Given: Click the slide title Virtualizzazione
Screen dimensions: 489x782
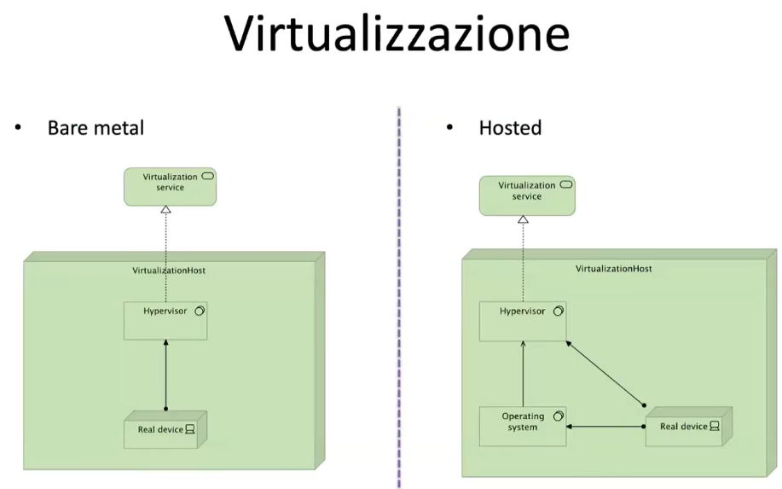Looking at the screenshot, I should [397, 36].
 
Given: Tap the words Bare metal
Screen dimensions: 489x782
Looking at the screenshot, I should [96, 129].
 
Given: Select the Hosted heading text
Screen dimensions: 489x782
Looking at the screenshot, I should [510, 129].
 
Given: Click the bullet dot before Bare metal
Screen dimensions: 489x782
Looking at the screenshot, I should [16, 128].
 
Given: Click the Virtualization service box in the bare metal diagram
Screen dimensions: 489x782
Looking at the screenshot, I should [170, 187].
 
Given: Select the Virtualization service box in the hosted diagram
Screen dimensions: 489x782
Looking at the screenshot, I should [526, 195].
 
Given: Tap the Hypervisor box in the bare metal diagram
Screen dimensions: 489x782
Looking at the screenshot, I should [165, 321].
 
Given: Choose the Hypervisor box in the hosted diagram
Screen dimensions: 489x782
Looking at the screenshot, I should [522, 321].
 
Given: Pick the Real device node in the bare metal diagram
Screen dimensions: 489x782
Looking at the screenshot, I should [165, 430].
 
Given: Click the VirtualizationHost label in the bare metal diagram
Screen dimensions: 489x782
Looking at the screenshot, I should [169, 271].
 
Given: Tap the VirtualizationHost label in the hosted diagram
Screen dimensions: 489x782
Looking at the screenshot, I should [613, 268].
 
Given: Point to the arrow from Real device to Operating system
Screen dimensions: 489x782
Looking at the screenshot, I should [605, 426].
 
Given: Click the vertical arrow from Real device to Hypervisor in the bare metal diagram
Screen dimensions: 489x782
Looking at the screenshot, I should [166, 375].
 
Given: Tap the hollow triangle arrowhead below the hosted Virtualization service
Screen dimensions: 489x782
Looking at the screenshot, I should [524, 220].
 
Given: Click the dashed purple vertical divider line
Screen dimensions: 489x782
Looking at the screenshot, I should [399, 299].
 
